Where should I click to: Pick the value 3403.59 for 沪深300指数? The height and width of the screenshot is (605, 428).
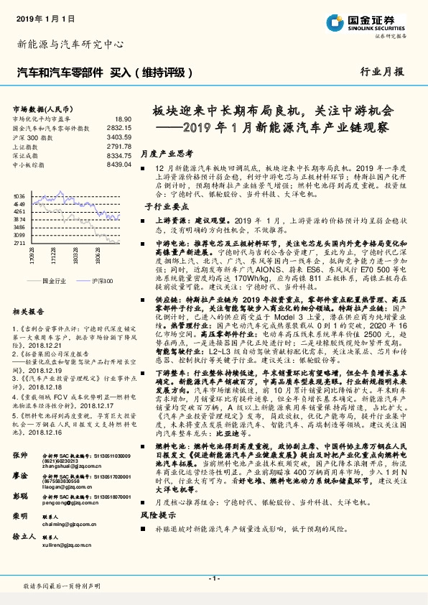coord(118,136)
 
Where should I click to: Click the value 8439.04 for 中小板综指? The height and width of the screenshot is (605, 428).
coord(118,164)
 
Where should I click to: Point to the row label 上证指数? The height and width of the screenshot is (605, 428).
coord(27,145)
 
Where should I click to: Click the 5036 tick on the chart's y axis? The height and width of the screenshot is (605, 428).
coord(19,195)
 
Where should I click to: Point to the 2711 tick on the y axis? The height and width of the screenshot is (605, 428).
coord(19,243)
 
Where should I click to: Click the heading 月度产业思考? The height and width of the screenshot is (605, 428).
coord(167,153)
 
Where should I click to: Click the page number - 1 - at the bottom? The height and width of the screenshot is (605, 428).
coord(213,579)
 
